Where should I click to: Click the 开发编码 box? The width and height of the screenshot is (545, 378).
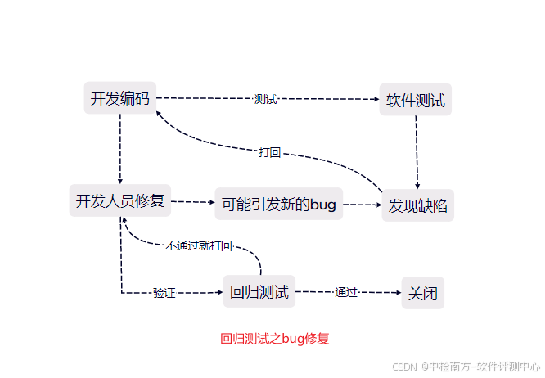(119, 99)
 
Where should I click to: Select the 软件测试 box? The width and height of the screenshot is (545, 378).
(415, 100)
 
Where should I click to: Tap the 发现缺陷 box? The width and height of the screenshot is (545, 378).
(417, 205)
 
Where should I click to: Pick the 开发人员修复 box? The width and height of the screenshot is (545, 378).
(120, 200)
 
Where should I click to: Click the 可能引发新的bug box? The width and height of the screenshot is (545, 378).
(279, 205)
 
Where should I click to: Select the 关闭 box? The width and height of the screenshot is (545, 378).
(422, 292)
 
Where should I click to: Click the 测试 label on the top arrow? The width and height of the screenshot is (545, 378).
(265, 99)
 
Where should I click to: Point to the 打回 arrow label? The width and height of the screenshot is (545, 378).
(269, 152)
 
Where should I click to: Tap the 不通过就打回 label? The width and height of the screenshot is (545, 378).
(199, 245)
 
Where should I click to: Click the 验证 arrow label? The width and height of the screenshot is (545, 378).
(164, 293)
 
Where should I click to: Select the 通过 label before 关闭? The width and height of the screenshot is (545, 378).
(346, 292)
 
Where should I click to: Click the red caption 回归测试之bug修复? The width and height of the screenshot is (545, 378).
(275, 339)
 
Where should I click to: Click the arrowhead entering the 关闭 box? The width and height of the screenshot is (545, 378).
(396, 292)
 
